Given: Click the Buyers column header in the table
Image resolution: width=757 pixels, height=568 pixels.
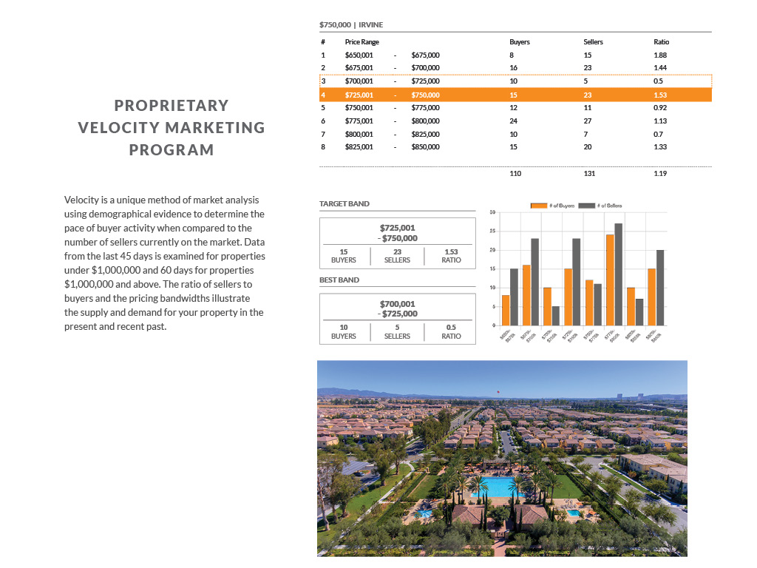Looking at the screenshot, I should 519,42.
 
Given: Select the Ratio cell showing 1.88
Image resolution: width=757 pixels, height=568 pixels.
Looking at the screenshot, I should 660,55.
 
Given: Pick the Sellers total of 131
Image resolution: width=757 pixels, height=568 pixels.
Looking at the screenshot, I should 589,174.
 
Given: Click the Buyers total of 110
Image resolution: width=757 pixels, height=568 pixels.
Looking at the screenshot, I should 515,174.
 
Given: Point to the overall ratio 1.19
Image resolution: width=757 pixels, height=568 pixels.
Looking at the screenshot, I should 660,174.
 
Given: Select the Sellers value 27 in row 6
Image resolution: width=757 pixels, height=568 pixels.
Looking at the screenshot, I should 588,121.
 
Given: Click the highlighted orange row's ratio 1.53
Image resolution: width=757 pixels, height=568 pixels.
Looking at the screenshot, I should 660,95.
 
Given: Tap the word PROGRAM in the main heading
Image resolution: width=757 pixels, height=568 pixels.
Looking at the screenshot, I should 172,149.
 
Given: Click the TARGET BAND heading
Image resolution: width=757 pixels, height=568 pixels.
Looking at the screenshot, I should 344,203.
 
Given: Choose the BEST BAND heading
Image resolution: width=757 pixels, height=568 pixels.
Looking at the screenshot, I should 340,280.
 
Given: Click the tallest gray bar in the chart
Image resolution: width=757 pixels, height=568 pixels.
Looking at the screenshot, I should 618,274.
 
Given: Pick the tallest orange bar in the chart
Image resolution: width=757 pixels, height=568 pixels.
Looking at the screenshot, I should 610,280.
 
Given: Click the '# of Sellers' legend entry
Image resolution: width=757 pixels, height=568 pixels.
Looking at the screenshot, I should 604,205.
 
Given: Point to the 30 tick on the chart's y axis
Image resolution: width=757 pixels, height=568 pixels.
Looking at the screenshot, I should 492,213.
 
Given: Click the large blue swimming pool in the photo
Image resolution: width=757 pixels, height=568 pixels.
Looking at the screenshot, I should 498,487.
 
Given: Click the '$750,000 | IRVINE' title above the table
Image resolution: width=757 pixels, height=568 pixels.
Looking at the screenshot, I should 351,24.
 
